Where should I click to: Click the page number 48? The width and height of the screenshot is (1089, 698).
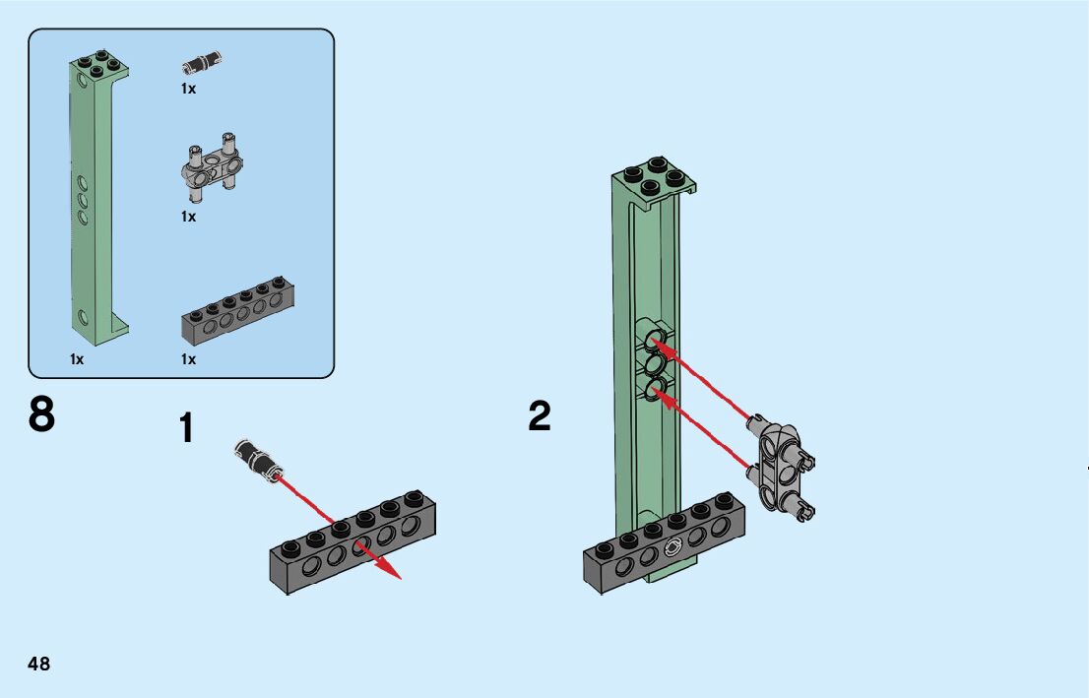(39, 664)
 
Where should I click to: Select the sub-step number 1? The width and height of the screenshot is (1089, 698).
(186, 430)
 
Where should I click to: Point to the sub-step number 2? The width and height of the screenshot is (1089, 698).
(540, 416)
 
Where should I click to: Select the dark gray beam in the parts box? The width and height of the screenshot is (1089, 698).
(237, 316)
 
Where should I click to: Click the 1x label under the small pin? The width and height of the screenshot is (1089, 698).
(188, 89)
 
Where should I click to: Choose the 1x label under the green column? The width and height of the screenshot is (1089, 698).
(77, 359)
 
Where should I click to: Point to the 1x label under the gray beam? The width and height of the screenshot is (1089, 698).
(188, 359)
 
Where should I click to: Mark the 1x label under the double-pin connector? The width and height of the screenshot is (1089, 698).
(188, 217)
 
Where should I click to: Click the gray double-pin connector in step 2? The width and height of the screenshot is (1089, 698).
(783, 467)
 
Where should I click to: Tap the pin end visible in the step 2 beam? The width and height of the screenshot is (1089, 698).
(673, 548)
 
